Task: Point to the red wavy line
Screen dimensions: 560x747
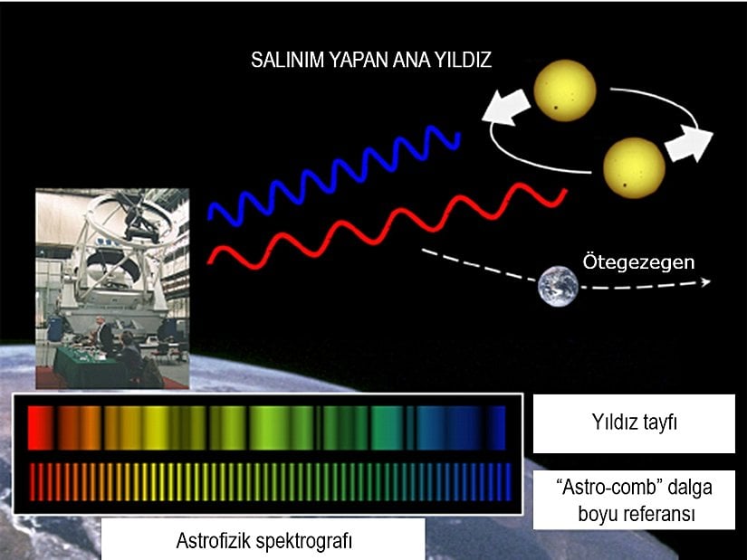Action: (389, 224)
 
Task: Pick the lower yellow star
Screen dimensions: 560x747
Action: (634, 166)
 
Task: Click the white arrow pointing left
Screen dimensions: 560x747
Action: (503, 109)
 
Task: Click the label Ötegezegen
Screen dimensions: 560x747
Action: (637, 262)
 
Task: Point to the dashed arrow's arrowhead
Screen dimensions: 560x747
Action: (704, 280)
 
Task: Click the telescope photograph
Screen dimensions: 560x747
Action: (111, 288)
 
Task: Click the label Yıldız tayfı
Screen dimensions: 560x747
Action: (633, 423)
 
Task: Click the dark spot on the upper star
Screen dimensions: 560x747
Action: (553, 108)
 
